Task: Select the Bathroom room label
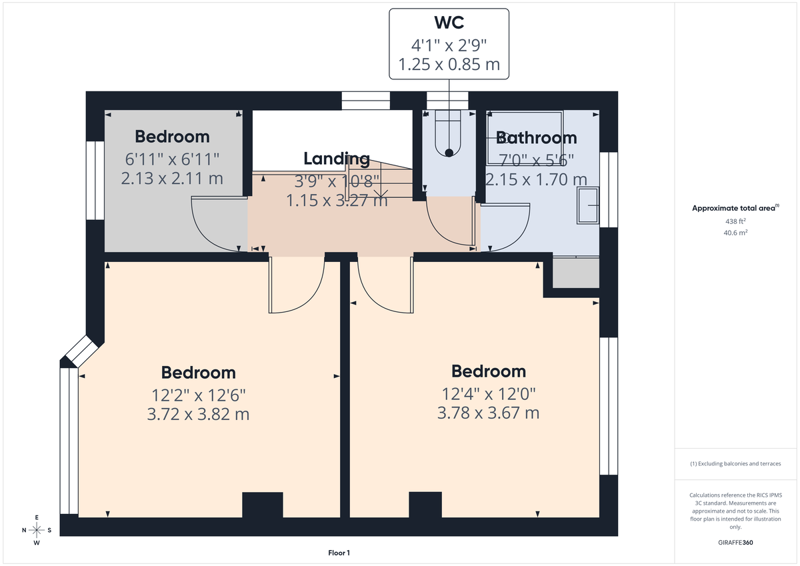(537, 138)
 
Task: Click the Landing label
(337, 159)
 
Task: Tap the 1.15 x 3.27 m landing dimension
(337, 200)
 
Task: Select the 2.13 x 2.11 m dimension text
(172, 179)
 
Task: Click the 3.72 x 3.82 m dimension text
(198, 414)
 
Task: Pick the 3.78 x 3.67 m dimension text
(488, 413)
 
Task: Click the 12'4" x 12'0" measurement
(488, 393)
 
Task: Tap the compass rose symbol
(37, 530)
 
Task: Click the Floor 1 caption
(339, 553)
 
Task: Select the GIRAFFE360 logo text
(735, 543)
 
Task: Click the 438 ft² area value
(735, 221)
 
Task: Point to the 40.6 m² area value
(735, 233)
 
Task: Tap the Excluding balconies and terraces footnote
(735, 463)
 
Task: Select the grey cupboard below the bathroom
(576, 273)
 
